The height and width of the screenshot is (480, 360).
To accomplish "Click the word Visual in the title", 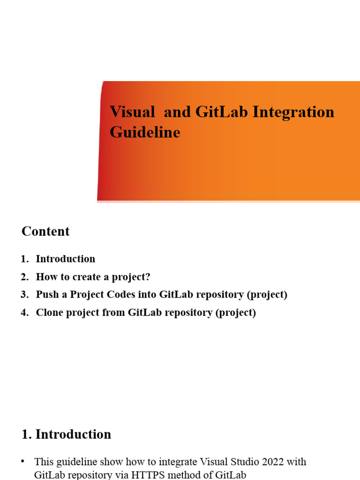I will point(132,112).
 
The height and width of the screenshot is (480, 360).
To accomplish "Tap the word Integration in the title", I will point(293,112).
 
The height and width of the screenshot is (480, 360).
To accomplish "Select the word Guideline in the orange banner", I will point(145,133).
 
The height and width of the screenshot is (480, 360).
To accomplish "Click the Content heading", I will point(45,232).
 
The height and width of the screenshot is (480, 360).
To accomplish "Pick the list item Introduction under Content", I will point(66,259).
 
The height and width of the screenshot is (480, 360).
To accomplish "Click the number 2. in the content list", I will point(25,277).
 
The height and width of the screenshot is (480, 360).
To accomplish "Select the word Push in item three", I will point(46,295).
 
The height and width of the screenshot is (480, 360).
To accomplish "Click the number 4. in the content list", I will point(25,313).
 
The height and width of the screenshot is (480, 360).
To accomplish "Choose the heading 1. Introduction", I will point(67,435).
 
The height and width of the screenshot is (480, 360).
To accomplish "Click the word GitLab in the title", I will point(222,112).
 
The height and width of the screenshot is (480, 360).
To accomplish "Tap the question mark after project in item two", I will point(148,277).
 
